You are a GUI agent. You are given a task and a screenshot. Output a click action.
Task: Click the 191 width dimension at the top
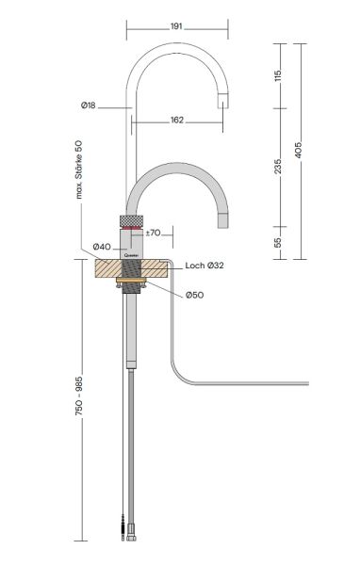tap(176, 26)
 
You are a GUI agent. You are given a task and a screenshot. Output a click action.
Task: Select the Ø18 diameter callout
tap(89, 105)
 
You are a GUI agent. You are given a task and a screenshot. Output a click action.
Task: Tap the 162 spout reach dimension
tap(177, 120)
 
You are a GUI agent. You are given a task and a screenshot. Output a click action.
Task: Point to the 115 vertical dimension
tap(278, 75)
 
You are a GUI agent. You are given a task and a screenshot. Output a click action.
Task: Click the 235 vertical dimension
tap(278, 166)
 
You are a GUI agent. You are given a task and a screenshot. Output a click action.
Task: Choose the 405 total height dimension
tap(299, 150)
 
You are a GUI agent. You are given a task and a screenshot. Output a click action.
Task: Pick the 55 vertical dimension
tap(278, 242)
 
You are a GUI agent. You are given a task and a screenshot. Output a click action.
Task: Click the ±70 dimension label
tap(153, 233)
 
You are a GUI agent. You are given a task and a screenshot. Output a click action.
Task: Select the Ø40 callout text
tap(102, 247)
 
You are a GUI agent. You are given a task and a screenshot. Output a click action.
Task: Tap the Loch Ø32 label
tap(205, 266)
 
